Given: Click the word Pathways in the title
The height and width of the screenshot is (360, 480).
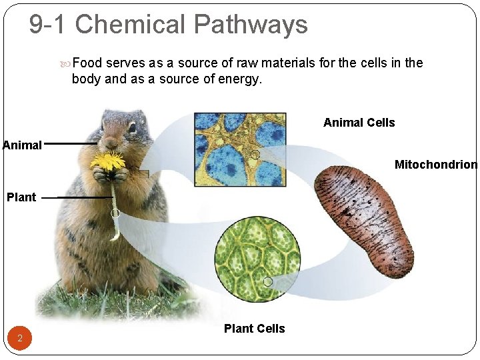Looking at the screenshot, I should (x=250, y=25).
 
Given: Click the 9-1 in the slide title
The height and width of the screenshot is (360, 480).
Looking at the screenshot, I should (x=48, y=25).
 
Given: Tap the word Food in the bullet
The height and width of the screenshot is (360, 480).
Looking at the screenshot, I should (x=87, y=63).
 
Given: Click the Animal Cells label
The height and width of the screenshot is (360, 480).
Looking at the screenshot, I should (x=359, y=123).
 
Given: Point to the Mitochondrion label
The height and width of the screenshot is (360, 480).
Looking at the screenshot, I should (x=435, y=165).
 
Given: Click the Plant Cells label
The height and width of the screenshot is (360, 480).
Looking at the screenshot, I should (x=254, y=329).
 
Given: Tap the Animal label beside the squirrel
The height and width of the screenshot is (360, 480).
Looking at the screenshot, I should (x=22, y=145).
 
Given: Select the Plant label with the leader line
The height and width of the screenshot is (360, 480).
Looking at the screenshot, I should (x=21, y=197).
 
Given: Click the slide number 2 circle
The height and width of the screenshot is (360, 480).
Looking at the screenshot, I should (x=20, y=339).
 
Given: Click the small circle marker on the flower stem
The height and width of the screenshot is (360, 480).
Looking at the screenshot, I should (x=115, y=213).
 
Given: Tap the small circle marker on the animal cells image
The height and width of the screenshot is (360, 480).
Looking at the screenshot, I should (x=255, y=155).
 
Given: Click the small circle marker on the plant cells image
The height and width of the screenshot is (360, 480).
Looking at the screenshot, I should (x=268, y=282).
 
